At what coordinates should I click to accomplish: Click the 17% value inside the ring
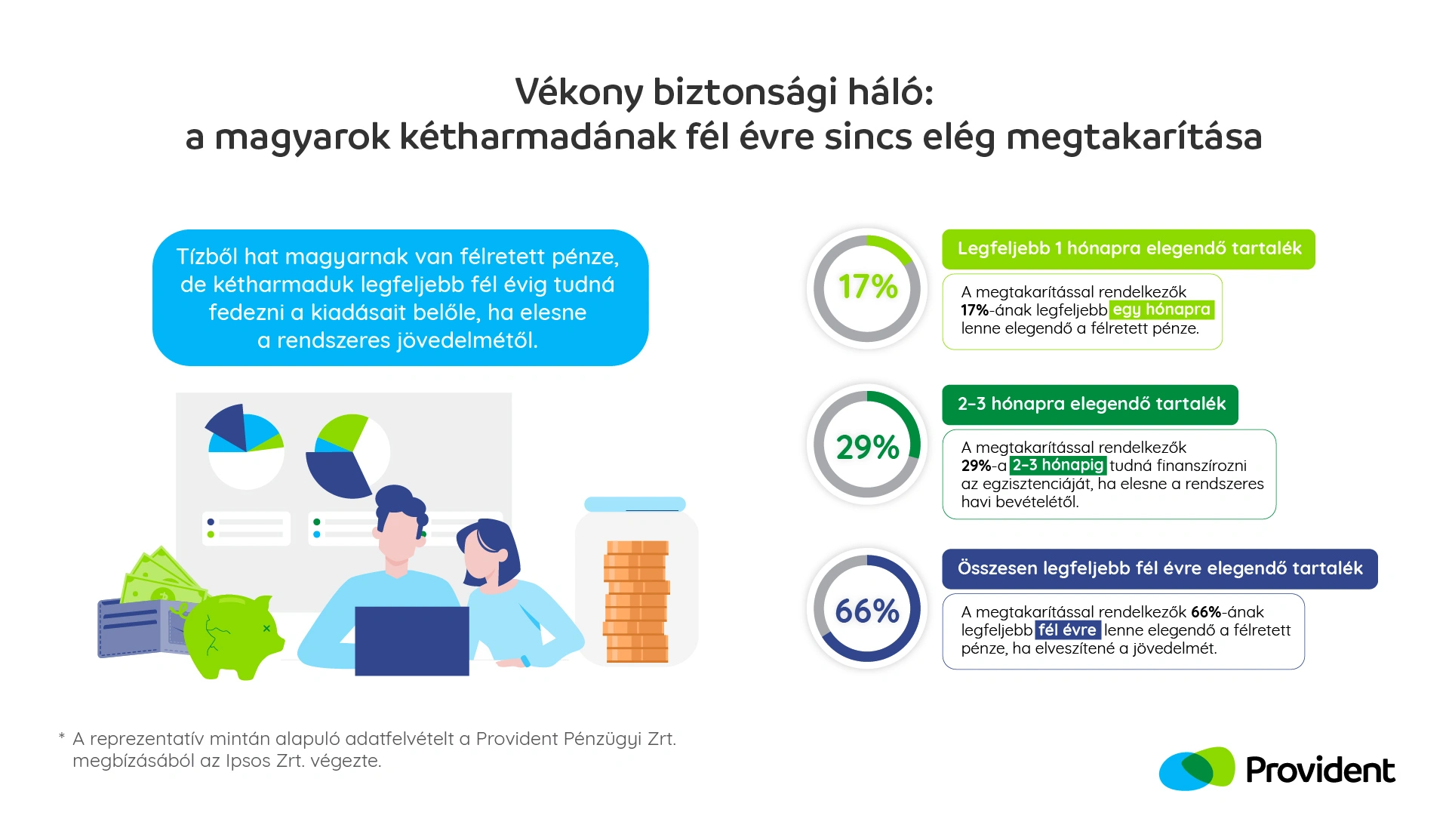tap(868, 287)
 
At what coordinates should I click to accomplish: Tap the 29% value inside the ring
tap(868, 447)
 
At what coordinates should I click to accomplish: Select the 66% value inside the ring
tap(867, 611)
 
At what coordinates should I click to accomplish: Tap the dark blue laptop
tap(412, 641)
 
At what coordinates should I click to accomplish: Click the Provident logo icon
tap(1197, 769)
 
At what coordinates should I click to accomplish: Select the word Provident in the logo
tap(1320, 771)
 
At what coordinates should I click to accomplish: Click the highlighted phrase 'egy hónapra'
tap(1161, 309)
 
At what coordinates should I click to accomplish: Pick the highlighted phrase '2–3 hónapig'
tap(1058, 465)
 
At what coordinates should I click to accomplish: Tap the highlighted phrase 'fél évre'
tap(1067, 629)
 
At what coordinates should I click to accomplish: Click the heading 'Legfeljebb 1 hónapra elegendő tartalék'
tap(1129, 248)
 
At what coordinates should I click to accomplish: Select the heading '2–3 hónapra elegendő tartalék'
tap(1091, 404)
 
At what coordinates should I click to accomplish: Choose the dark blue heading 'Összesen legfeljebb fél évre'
tap(1160, 568)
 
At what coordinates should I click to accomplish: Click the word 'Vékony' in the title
tap(579, 92)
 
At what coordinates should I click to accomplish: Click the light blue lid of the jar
tap(635, 503)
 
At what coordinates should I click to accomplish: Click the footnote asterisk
tap(62, 735)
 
